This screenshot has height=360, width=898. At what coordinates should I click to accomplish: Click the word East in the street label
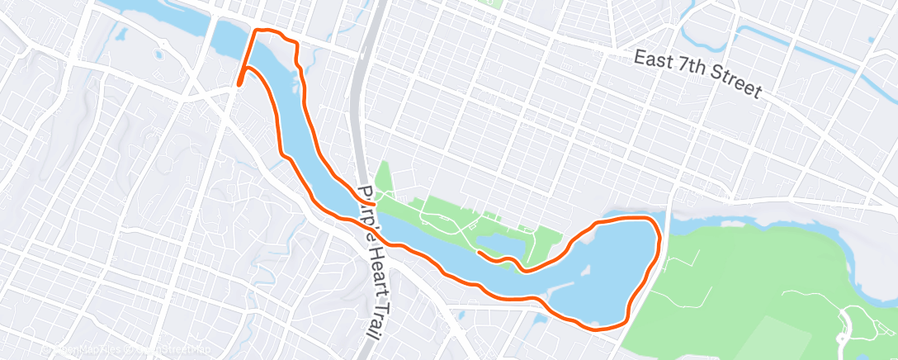pyautogui.click(x=653, y=60)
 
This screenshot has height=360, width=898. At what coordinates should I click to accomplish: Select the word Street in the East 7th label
pyautogui.click(x=731, y=85)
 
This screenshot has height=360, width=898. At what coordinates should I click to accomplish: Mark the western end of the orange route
pyautogui.click(x=239, y=83)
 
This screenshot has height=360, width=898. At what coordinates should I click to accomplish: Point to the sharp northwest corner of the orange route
pyautogui.click(x=255, y=31)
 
